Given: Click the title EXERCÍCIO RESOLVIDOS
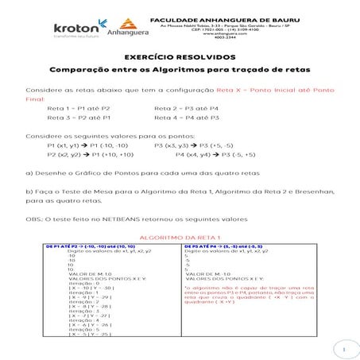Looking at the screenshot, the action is click(x=180, y=57).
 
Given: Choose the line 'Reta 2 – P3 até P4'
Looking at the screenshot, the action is click(x=185, y=106).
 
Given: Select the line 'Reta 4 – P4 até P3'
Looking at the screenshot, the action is click(x=186, y=117).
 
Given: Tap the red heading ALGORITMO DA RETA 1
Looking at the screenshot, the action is click(x=180, y=238).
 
